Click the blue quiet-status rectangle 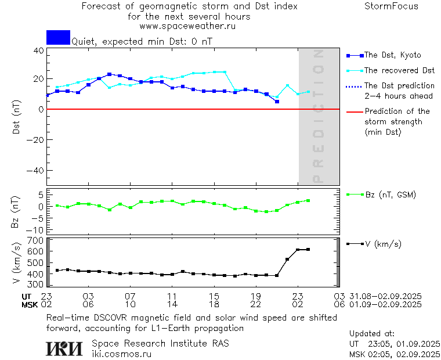58,37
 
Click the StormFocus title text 391,6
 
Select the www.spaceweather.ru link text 187,26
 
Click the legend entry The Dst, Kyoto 392,55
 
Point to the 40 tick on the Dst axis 39,51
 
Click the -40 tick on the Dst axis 36,171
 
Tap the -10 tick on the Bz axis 36,231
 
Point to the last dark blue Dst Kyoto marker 277,102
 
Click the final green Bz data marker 308,200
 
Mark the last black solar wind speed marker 308,250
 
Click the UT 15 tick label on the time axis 214,296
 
